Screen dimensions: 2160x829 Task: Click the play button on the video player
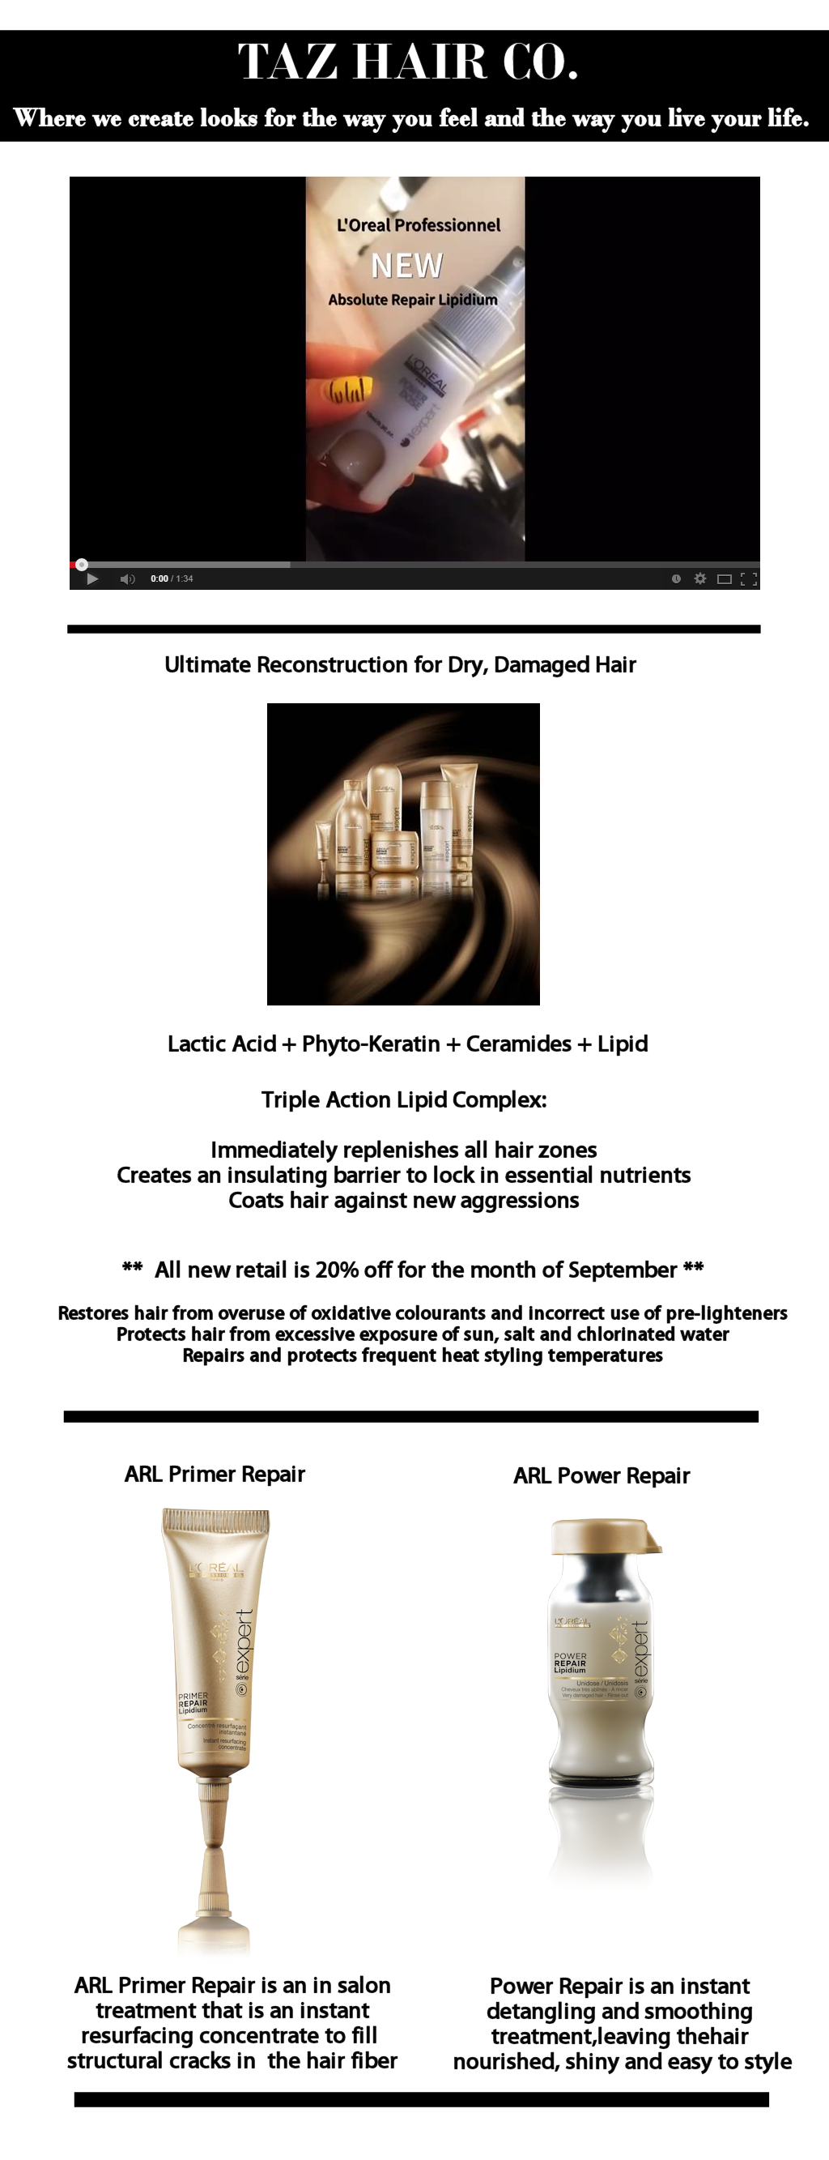(92, 578)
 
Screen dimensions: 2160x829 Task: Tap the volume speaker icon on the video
(126, 578)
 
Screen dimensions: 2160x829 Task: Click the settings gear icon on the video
(700, 578)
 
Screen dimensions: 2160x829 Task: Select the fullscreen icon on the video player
(749, 578)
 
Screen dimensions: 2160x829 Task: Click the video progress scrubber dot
(81, 565)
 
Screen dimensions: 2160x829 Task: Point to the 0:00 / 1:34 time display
(172, 578)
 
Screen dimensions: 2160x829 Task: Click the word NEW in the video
(406, 266)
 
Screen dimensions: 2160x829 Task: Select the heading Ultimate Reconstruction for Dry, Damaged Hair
(400, 665)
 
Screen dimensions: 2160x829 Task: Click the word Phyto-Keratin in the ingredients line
(371, 1044)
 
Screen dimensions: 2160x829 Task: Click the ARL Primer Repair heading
(215, 1474)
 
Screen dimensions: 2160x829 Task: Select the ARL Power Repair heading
(601, 1475)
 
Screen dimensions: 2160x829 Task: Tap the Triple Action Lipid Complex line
(404, 1099)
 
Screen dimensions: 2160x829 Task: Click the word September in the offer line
(622, 1270)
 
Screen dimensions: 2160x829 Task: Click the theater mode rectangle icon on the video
(725, 578)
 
